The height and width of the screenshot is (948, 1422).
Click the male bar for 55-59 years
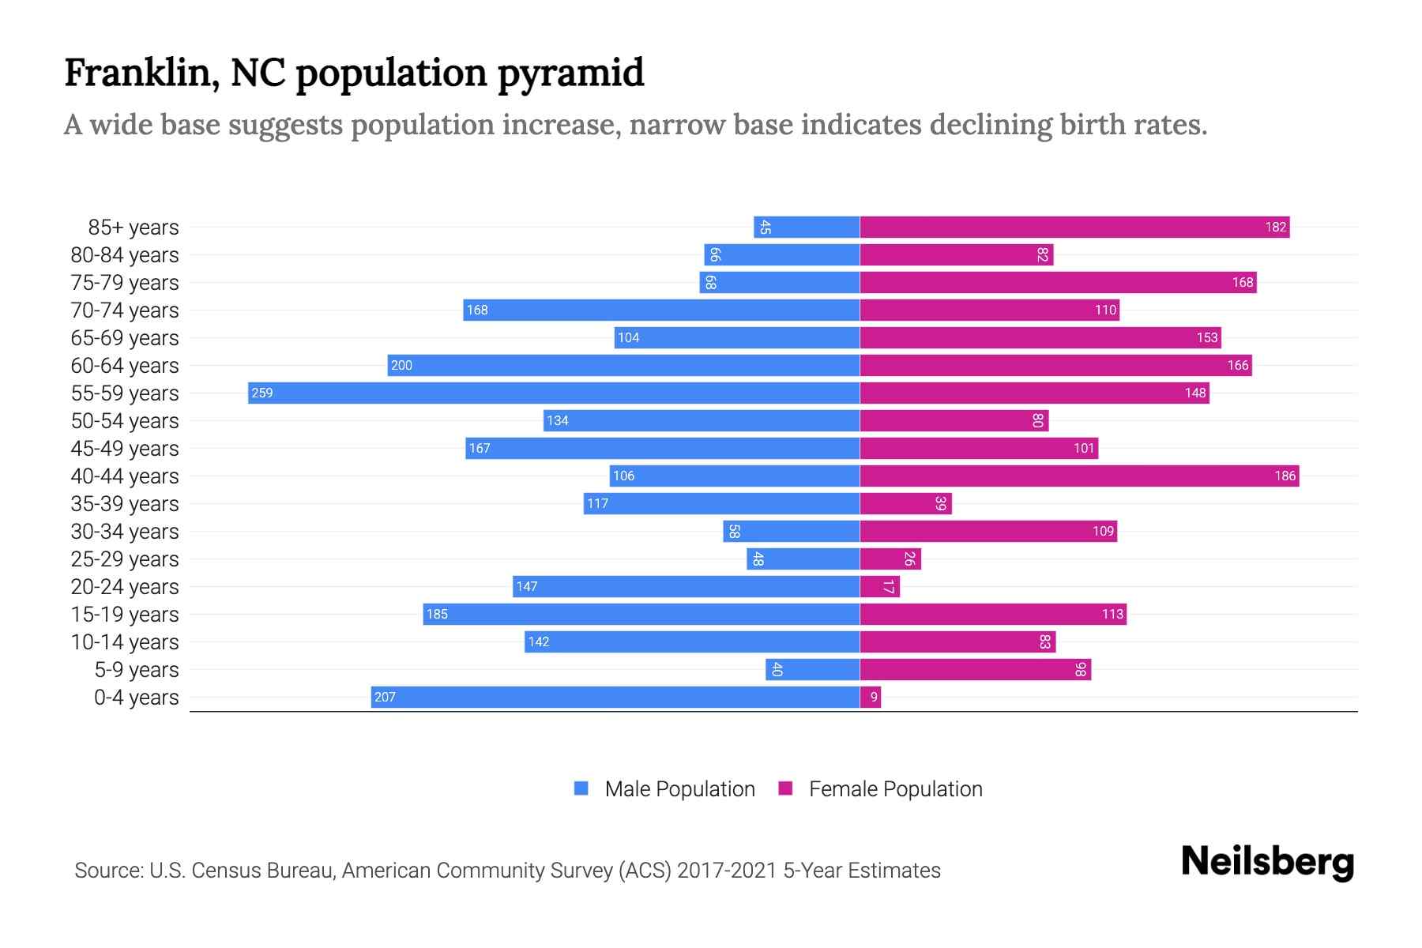coord(553,393)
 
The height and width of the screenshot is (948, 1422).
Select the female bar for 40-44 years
coord(1078,476)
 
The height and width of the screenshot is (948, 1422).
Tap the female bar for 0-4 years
coord(870,697)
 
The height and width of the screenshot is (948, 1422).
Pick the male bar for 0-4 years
coord(615,697)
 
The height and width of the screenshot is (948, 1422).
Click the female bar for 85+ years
coord(1074,227)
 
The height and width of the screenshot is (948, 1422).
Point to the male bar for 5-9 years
coord(812,669)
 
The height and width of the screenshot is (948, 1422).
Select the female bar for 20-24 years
coord(879,586)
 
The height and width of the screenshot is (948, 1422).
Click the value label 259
coord(261,393)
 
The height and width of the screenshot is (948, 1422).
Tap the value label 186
coord(1285,476)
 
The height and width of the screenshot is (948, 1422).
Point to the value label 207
coord(385,697)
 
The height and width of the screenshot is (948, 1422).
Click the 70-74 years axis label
coord(125,310)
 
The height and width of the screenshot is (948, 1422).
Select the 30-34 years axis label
coord(125,532)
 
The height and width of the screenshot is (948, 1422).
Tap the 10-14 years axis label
coord(125,642)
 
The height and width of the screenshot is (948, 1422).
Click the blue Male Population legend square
coord(581,788)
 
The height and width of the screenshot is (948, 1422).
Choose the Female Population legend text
coord(895,789)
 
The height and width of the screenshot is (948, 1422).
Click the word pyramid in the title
coord(570,73)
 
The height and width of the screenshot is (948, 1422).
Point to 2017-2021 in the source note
coord(726,871)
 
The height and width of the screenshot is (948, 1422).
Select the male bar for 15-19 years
coord(641,614)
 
